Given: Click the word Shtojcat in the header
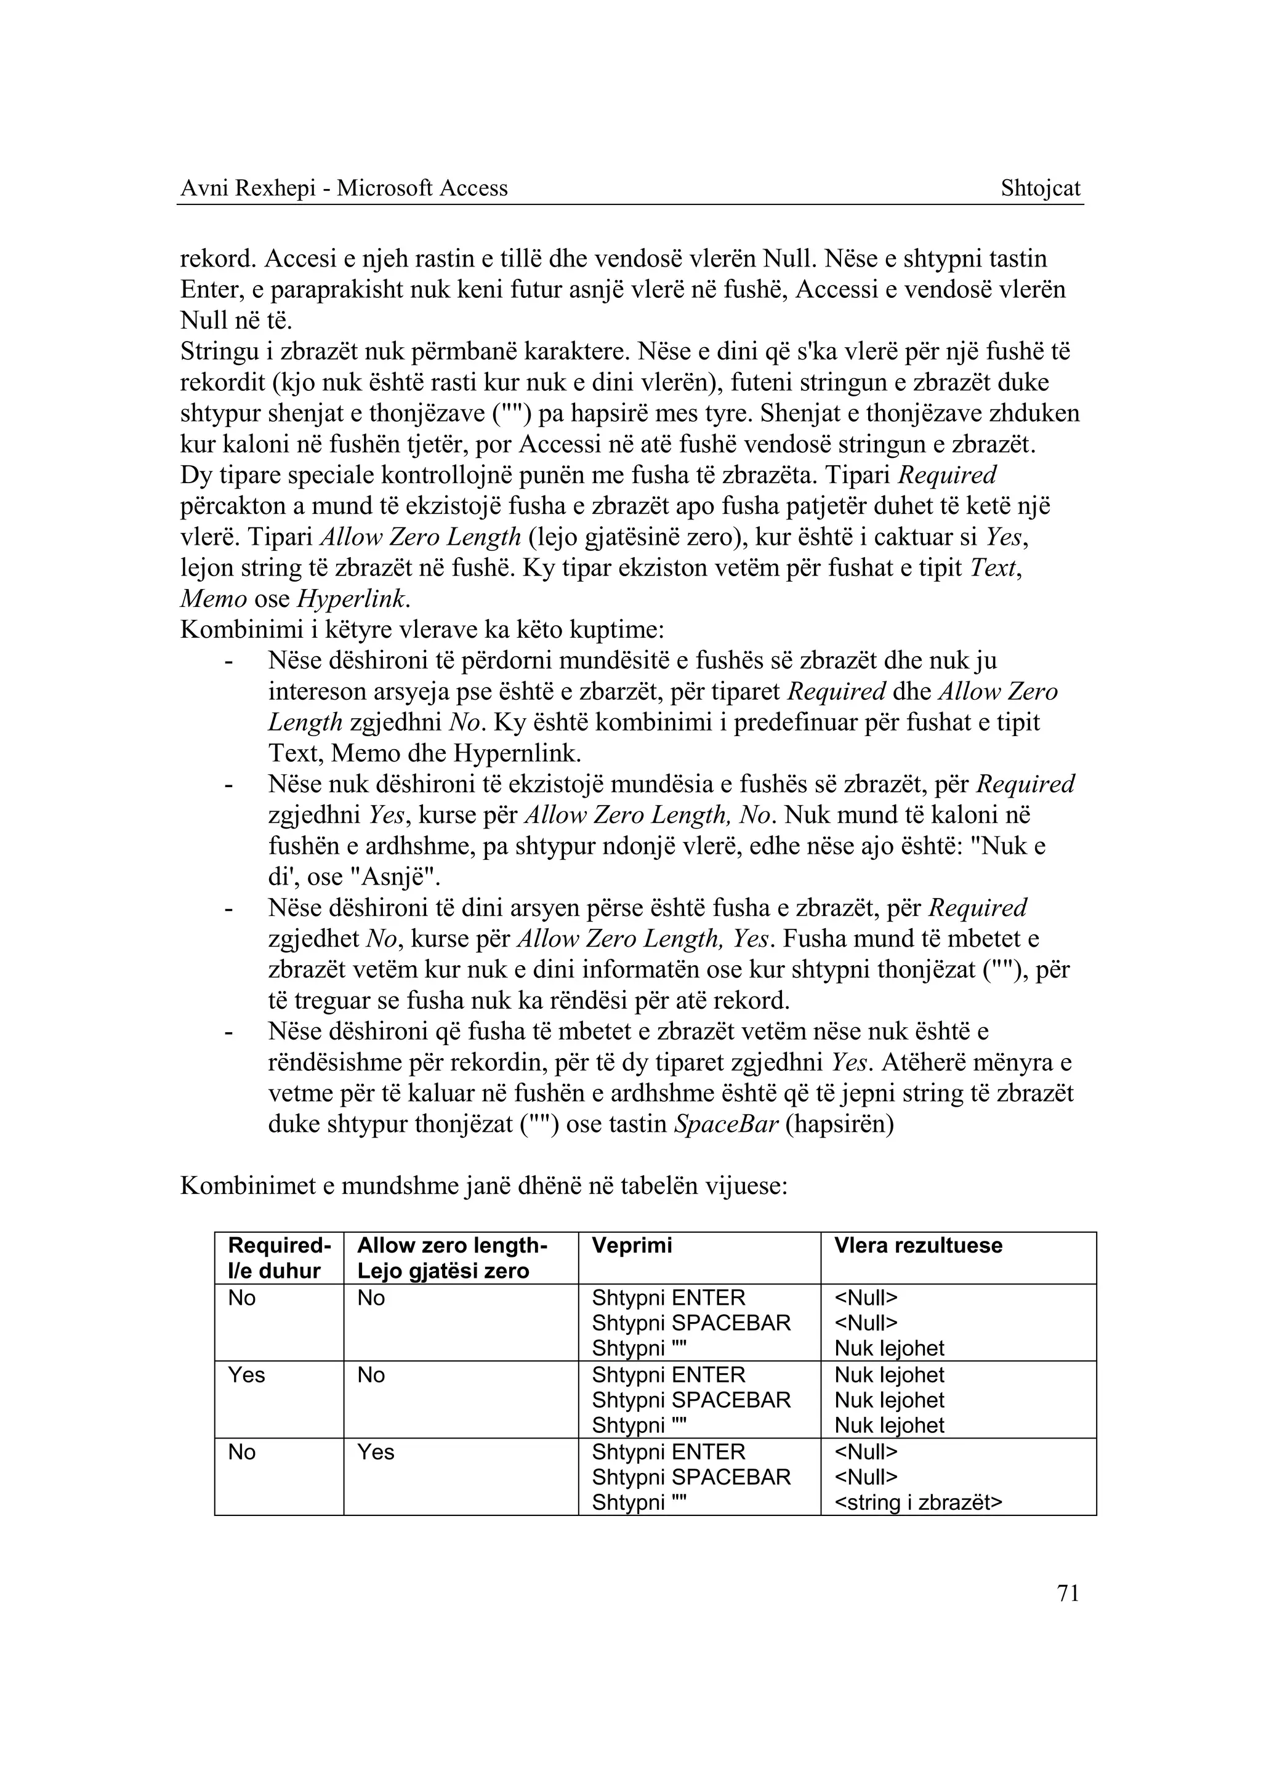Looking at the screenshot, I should coord(1041,188).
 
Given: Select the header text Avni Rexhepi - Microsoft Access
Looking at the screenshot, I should coord(344,188).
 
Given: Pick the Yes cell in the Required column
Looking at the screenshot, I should coord(246,1376).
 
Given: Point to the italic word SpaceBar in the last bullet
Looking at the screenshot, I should coord(725,1125).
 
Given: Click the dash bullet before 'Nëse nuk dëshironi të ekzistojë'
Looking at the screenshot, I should coord(228,785).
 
